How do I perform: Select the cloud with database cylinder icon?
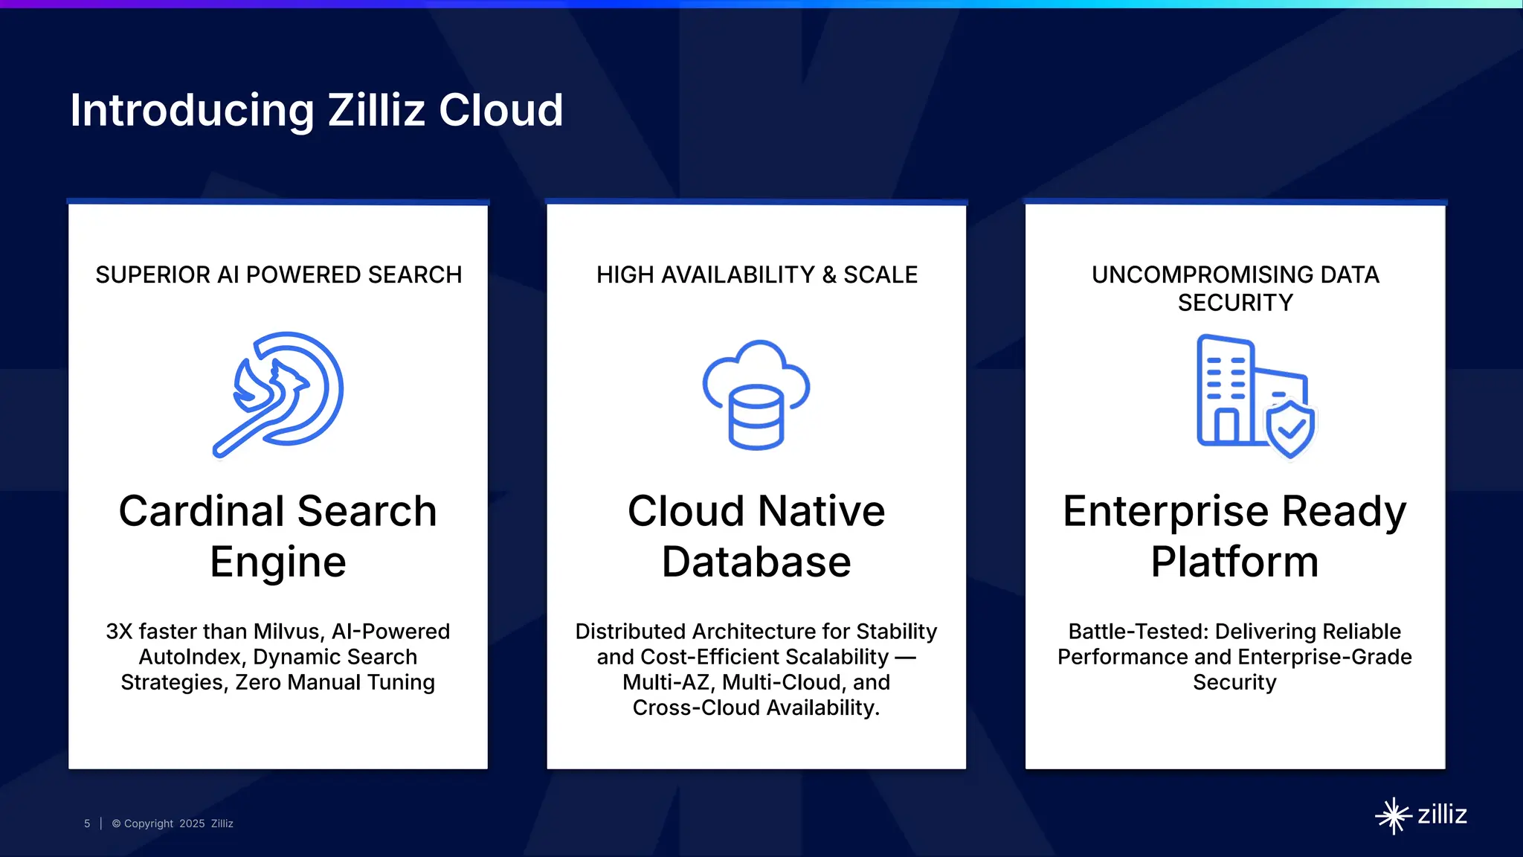pyautogui.click(x=756, y=394)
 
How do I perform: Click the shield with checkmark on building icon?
pyautogui.click(x=1291, y=429)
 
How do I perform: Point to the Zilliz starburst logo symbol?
pyautogui.click(x=1393, y=816)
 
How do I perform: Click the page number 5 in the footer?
pyautogui.click(x=87, y=824)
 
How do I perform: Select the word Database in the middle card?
pyautogui.click(x=756, y=562)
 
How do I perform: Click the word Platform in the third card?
pyautogui.click(x=1234, y=562)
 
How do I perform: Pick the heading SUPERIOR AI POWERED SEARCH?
pyautogui.click(x=279, y=275)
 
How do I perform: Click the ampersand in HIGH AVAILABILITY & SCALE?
pyautogui.click(x=829, y=275)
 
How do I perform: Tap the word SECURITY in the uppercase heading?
pyautogui.click(x=1235, y=303)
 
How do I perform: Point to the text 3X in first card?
pyautogui.click(x=119, y=632)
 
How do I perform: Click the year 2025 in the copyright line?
pyautogui.click(x=192, y=824)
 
